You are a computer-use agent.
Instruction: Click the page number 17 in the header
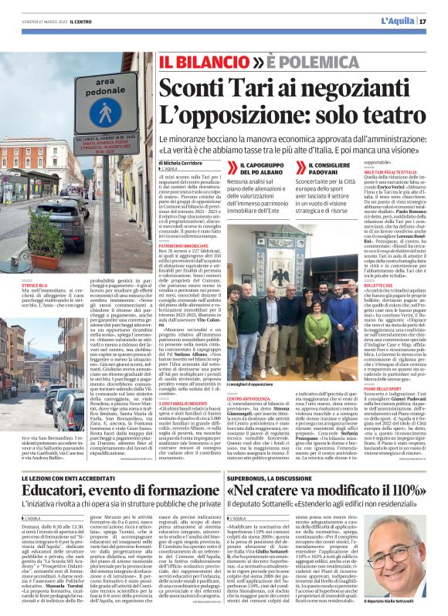tap(423, 21)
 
